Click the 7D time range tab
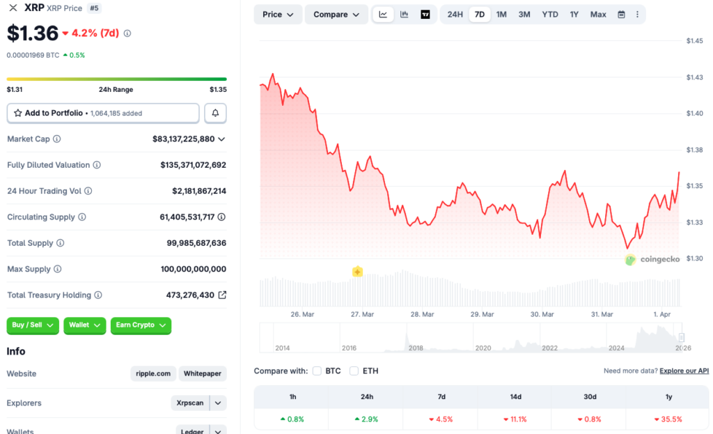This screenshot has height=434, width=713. click(x=479, y=15)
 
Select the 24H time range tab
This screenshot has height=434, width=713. click(x=455, y=15)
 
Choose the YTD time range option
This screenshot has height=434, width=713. click(x=549, y=15)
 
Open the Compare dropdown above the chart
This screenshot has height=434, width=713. click(x=336, y=15)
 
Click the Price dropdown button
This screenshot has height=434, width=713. click(x=278, y=15)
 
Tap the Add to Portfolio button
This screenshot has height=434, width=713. click(x=103, y=113)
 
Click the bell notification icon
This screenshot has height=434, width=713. click(x=215, y=113)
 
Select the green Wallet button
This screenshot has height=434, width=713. click(x=84, y=325)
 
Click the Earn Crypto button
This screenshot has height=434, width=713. click(x=141, y=325)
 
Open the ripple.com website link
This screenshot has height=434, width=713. click(x=153, y=374)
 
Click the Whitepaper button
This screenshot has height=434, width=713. click(x=203, y=374)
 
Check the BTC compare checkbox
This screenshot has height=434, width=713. click(x=317, y=371)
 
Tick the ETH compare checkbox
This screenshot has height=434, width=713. click(x=354, y=371)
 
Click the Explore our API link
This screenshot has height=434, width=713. click(x=684, y=371)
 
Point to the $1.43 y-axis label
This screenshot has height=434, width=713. click(x=694, y=77)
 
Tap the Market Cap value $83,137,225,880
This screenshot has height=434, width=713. click(x=184, y=139)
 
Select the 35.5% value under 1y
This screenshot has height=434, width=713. click(x=668, y=419)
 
